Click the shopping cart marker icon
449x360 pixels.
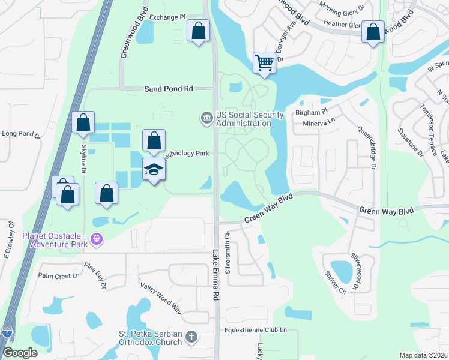pos(264,62)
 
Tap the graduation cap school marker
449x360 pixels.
pos(154,170)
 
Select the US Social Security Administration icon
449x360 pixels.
pos(206,117)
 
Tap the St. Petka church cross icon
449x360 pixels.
pos(191,337)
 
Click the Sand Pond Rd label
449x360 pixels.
pos(169,88)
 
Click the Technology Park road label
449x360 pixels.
pos(187,153)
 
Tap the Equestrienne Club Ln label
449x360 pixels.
pos(256,329)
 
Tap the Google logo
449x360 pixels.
pos(20,353)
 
